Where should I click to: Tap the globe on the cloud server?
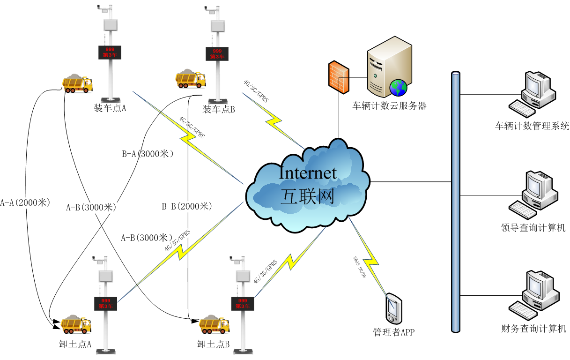[x=399, y=87]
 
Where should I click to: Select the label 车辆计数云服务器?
[x=390, y=106]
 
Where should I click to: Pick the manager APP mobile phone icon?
[x=393, y=307]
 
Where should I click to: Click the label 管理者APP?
[x=393, y=332]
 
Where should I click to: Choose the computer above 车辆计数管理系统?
[x=533, y=94]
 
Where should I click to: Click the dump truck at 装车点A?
[x=77, y=83]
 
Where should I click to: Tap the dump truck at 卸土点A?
[x=76, y=324]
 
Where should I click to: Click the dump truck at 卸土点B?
[x=215, y=324]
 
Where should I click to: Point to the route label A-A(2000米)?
[x=25, y=202]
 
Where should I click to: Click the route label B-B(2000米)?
[x=187, y=206]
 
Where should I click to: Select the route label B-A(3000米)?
[x=148, y=154]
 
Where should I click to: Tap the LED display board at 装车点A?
[x=110, y=52]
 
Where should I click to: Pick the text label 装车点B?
[x=218, y=109]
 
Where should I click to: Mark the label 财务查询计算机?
[x=533, y=329]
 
